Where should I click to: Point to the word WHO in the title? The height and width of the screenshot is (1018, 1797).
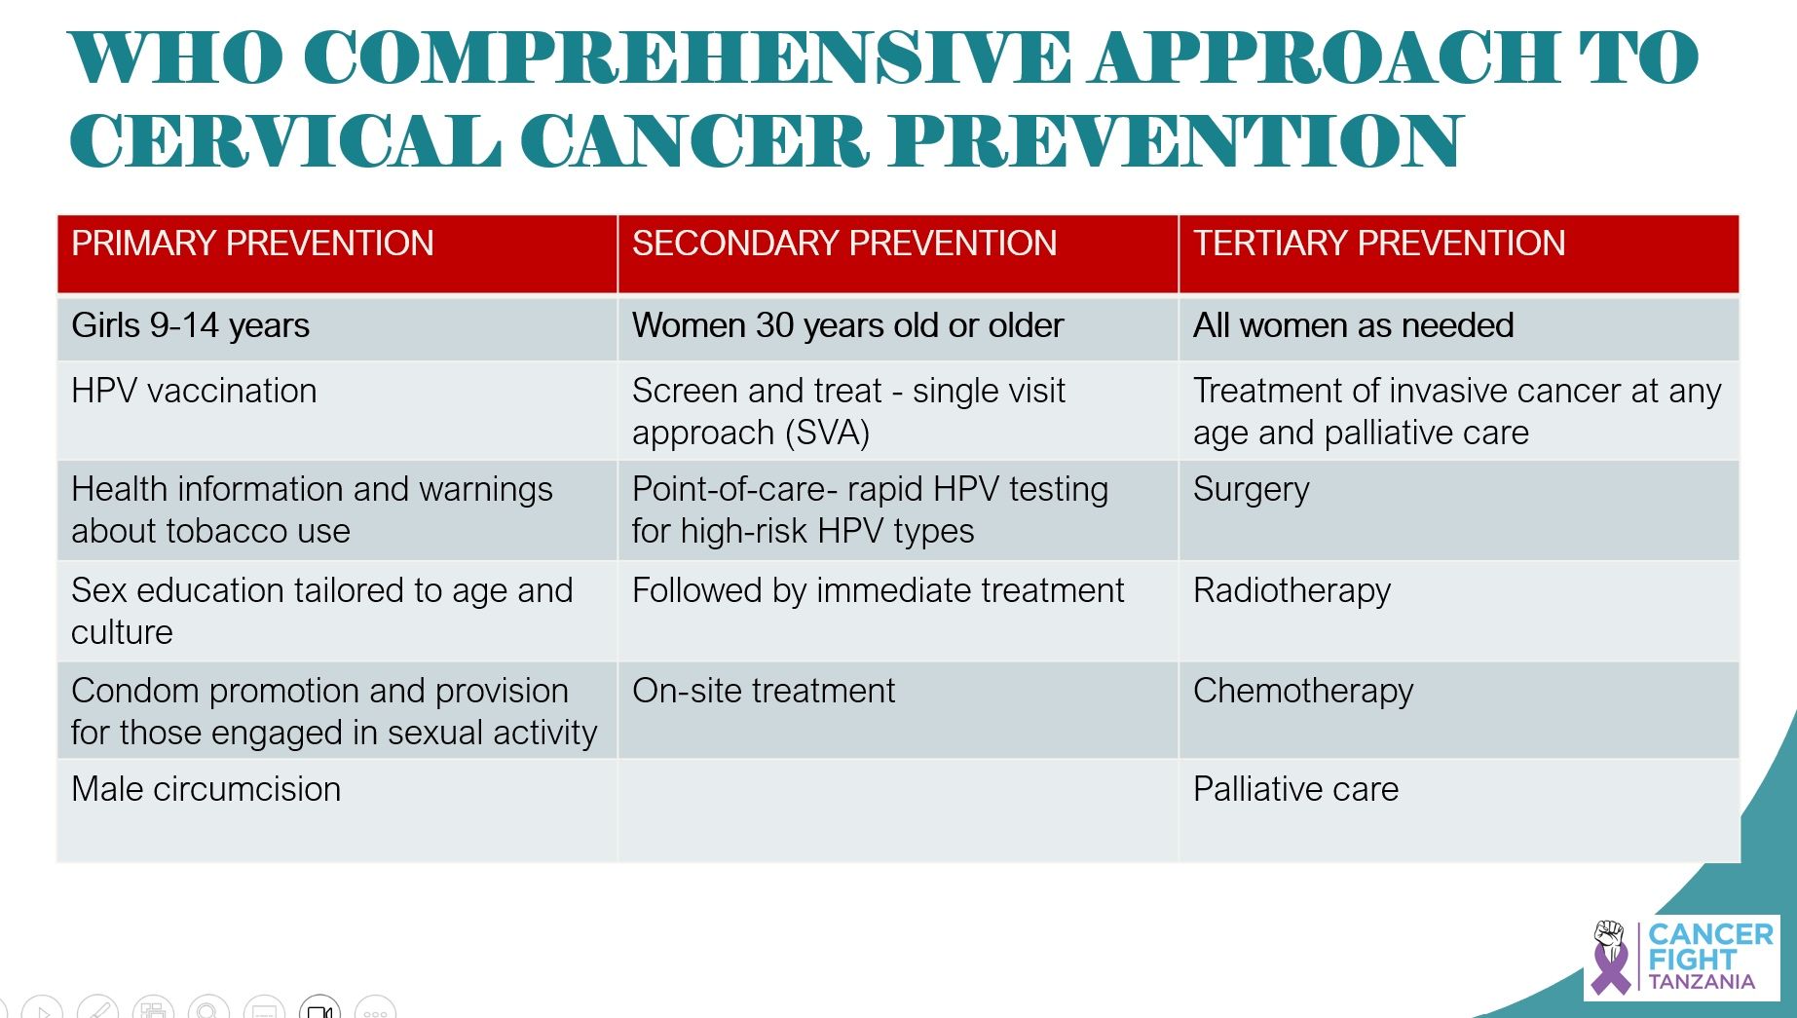tap(176, 57)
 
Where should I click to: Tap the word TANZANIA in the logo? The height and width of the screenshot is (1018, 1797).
tap(1702, 982)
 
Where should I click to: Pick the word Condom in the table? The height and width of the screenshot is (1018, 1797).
tap(135, 691)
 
